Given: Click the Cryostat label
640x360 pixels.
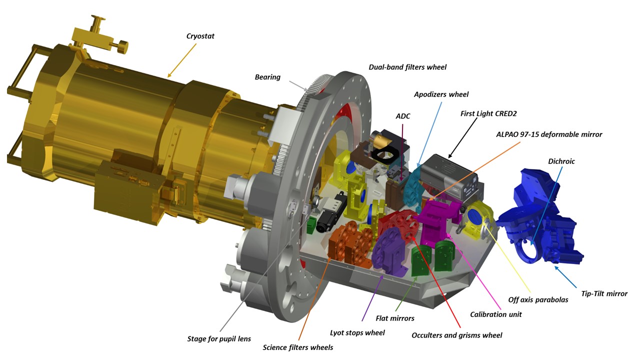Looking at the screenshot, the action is tap(200, 36).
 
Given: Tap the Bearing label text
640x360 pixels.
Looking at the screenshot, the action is tap(267, 77).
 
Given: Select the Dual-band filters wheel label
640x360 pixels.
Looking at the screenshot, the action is tap(407, 67).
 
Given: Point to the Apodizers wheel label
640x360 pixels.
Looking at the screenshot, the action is tap(441, 94).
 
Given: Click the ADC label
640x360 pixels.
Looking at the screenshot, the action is tap(403, 116).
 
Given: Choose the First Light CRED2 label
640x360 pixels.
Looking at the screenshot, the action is tap(488, 113).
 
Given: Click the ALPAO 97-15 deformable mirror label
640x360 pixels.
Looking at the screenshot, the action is tap(549, 134).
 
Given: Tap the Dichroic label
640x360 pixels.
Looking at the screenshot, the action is tap(561, 161).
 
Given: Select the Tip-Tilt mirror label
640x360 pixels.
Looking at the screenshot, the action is tap(604, 293).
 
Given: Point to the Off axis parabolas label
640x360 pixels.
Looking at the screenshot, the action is tap(538, 299).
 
